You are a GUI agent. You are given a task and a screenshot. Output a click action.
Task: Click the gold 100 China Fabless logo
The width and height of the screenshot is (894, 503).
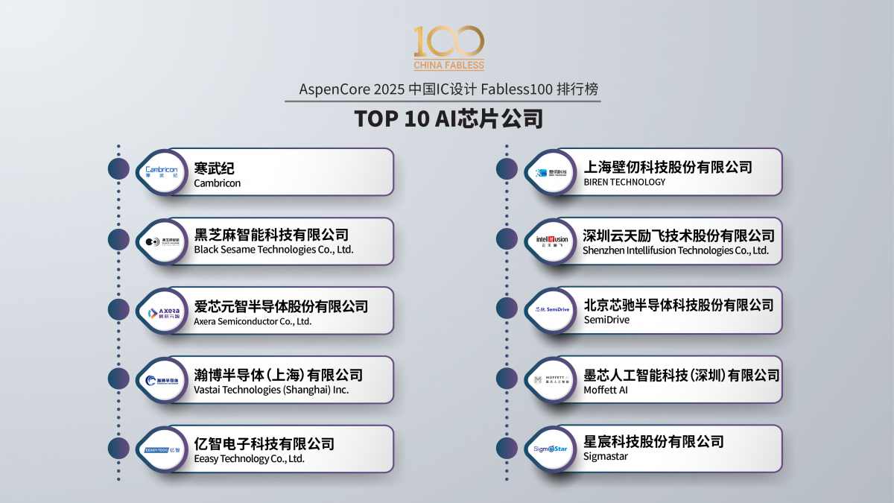pyautogui.click(x=448, y=48)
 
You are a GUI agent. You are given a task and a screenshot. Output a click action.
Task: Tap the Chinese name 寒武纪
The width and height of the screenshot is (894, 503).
pyautogui.click(x=214, y=168)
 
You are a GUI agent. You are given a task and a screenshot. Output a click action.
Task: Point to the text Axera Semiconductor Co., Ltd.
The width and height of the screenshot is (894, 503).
pyautogui.click(x=253, y=321)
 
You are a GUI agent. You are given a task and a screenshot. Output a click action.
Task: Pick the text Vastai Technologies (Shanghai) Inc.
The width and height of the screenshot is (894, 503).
pyautogui.click(x=271, y=389)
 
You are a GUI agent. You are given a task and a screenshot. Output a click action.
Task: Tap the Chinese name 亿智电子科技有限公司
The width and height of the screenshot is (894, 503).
pyautogui.click(x=264, y=443)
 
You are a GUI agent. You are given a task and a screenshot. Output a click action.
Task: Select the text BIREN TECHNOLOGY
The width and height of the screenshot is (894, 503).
pyautogui.click(x=624, y=182)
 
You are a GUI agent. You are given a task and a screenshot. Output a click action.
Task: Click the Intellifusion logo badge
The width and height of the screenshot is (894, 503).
pyautogui.click(x=552, y=240)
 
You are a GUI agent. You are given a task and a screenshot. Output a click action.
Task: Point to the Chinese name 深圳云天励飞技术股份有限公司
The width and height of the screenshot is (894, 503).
pyautogui.click(x=679, y=235)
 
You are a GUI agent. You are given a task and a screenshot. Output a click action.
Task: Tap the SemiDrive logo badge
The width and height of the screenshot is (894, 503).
pyautogui.click(x=552, y=309)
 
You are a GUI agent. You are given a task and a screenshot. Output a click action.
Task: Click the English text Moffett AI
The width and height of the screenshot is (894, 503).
pyautogui.click(x=606, y=389)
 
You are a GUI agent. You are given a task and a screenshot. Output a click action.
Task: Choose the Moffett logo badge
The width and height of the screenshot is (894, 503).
pyautogui.click(x=552, y=380)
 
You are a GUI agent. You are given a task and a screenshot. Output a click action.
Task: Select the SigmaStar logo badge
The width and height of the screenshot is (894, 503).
pyautogui.click(x=552, y=449)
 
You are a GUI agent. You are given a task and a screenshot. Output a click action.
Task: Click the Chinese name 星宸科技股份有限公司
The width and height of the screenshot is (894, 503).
pyautogui.click(x=653, y=441)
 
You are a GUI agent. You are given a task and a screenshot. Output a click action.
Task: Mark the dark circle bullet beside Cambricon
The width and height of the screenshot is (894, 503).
pyautogui.click(x=118, y=169)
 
